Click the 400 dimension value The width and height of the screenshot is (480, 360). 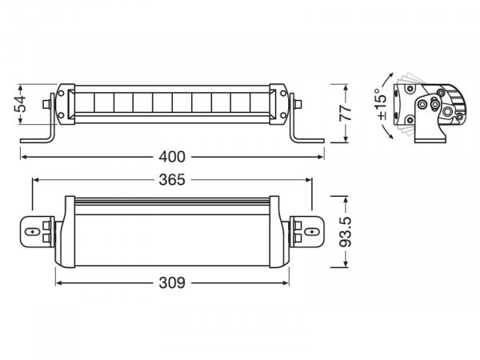tap(171, 155)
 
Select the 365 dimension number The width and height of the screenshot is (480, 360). tap(171, 181)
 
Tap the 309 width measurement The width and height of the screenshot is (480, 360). tap(171, 282)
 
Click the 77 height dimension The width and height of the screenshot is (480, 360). tap(346, 111)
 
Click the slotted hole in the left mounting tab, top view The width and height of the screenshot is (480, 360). tap(33, 231)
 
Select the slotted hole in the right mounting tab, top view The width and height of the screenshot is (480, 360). tap(310, 231)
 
